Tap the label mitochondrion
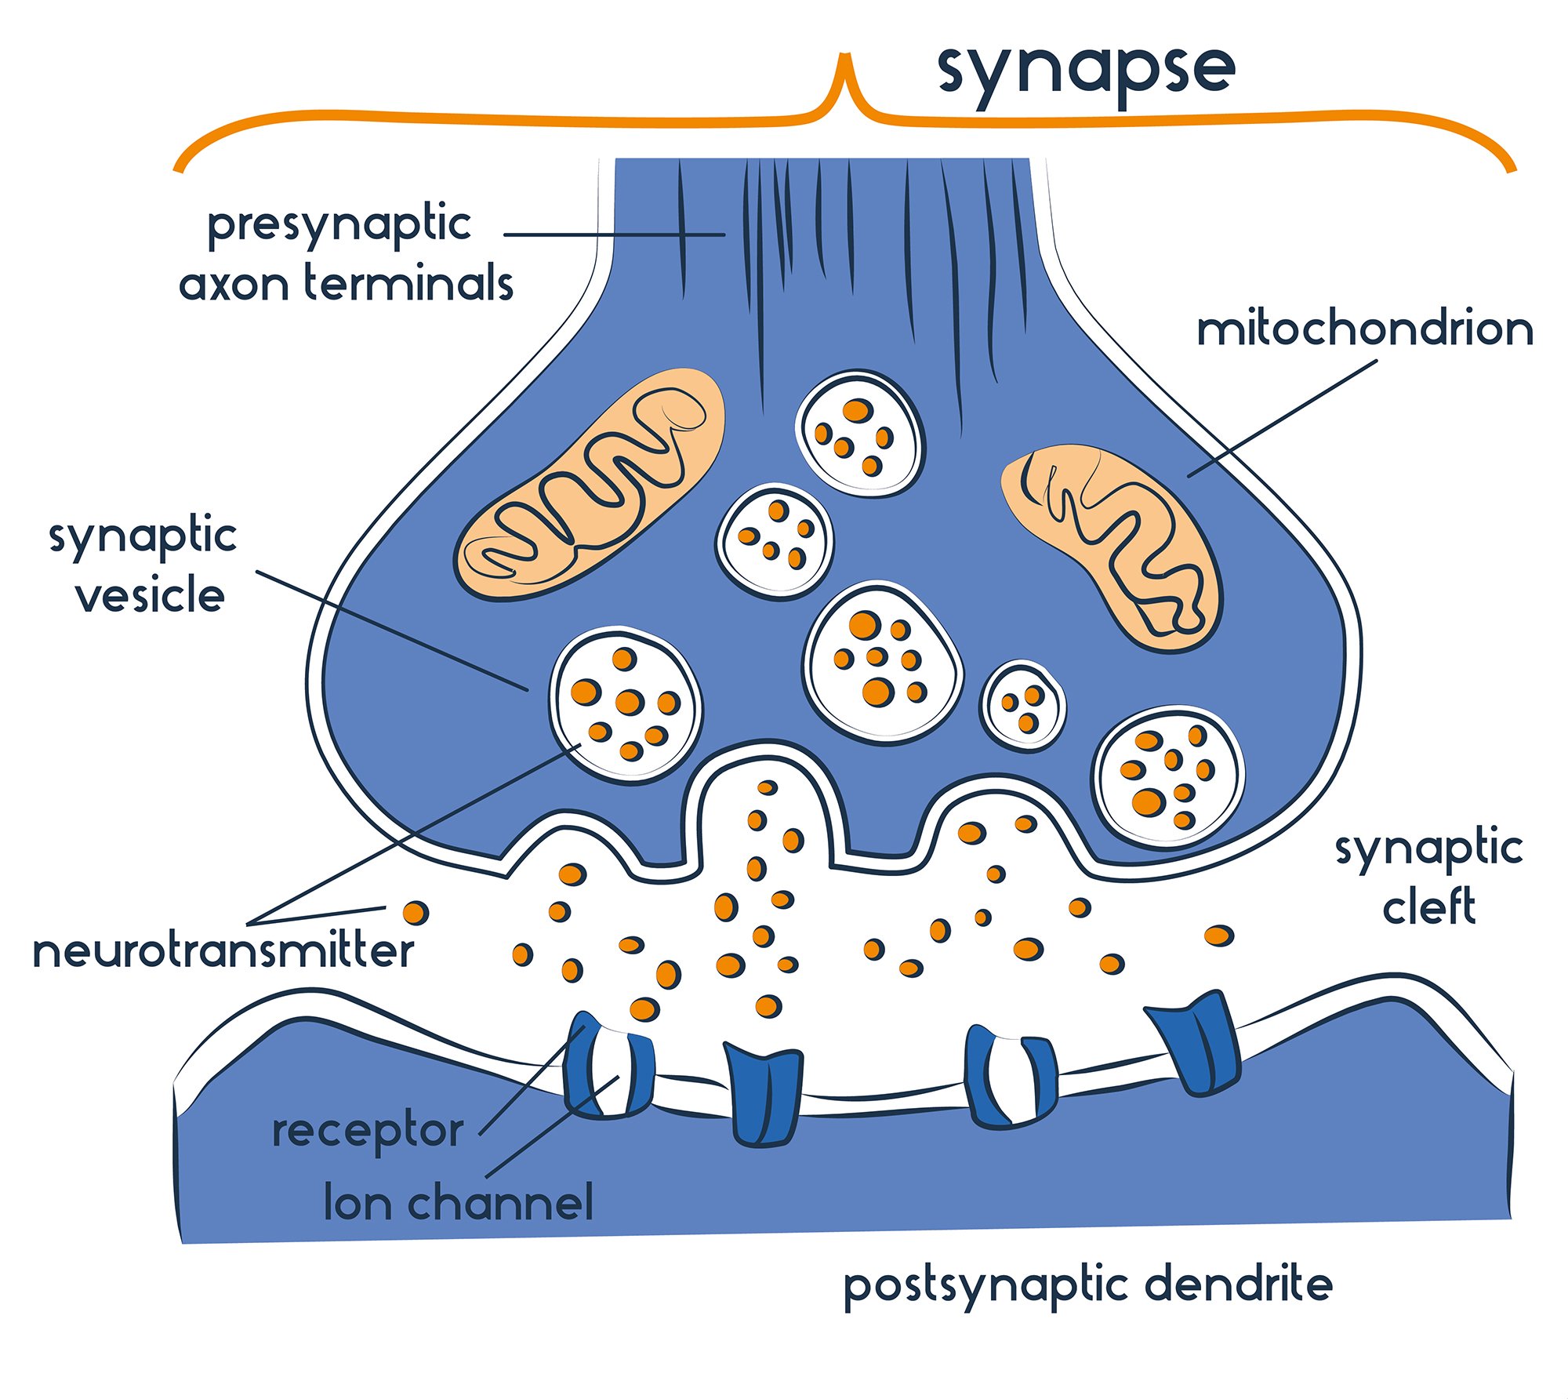1364,329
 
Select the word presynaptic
339,226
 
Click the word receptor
367,1132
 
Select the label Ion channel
459,1202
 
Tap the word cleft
1428,907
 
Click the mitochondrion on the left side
590,485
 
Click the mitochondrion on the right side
1111,547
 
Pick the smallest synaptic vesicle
1022,707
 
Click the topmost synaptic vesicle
860,433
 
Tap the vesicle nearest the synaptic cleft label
1168,777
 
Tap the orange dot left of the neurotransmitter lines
416,912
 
